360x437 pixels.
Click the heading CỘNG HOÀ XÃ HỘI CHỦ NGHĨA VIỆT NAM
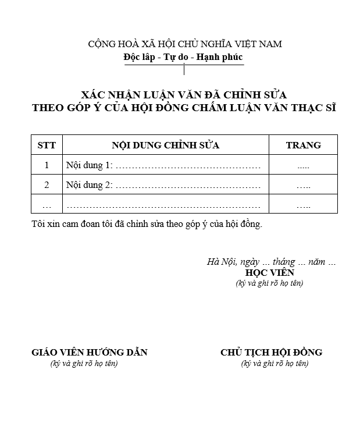[x=184, y=44]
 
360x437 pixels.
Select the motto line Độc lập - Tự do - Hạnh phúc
[x=183, y=57]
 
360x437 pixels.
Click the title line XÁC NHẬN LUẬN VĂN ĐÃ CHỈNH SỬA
[x=184, y=94]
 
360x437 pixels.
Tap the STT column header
[x=47, y=145]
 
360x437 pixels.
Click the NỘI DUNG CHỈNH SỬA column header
[x=165, y=145]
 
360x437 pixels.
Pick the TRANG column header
[x=303, y=145]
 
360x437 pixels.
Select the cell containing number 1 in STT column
[x=47, y=165]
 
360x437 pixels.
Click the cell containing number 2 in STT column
[x=47, y=186]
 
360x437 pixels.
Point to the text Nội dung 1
[x=90, y=166]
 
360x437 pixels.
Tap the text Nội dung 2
[x=90, y=186]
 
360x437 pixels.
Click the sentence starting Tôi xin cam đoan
[x=147, y=224]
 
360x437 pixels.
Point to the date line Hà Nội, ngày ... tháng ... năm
[x=271, y=262]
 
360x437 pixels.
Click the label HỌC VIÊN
[x=270, y=272]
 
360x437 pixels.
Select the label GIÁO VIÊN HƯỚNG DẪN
[x=89, y=352]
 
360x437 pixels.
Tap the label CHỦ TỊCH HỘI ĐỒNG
[x=271, y=352]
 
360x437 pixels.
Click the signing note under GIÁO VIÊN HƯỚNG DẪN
[x=84, y=364]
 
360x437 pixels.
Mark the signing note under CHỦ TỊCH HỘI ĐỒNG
[x=275, y=364]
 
